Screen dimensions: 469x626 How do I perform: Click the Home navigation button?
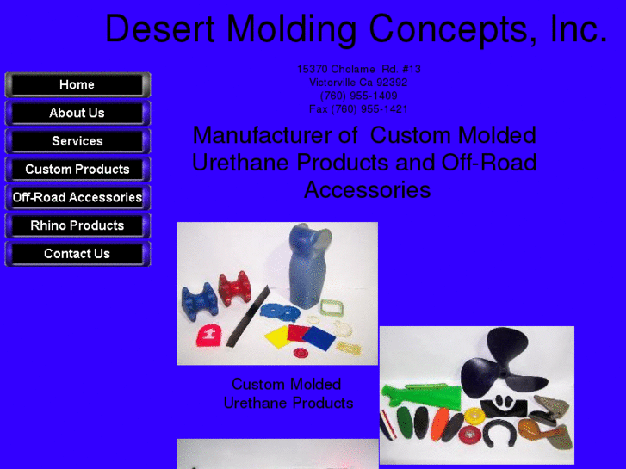(x=77, y=84)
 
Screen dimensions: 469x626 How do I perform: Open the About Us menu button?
(x=77, y=113)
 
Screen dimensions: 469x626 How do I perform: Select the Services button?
(x=77, y=141)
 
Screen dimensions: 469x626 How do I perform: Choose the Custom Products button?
(x=77, y=170)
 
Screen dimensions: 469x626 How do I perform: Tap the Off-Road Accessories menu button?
(x=77, y=197)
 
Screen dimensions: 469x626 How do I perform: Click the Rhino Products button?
(x=77, y=225)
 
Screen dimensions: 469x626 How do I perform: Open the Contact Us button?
(x=77, y=254)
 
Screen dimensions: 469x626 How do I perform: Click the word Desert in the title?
(x=159, y=29)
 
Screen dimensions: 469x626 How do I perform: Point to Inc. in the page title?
(x=578, y=29)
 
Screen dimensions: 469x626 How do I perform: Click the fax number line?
(x=358, y=109)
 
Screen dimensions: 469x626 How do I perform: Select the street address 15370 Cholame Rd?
(x=358, y=69)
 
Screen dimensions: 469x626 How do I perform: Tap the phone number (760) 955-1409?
(x=358, y=96)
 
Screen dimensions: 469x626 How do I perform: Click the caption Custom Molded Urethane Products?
(x=288, y=393)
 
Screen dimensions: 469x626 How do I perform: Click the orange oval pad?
(x=439, y=425)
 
